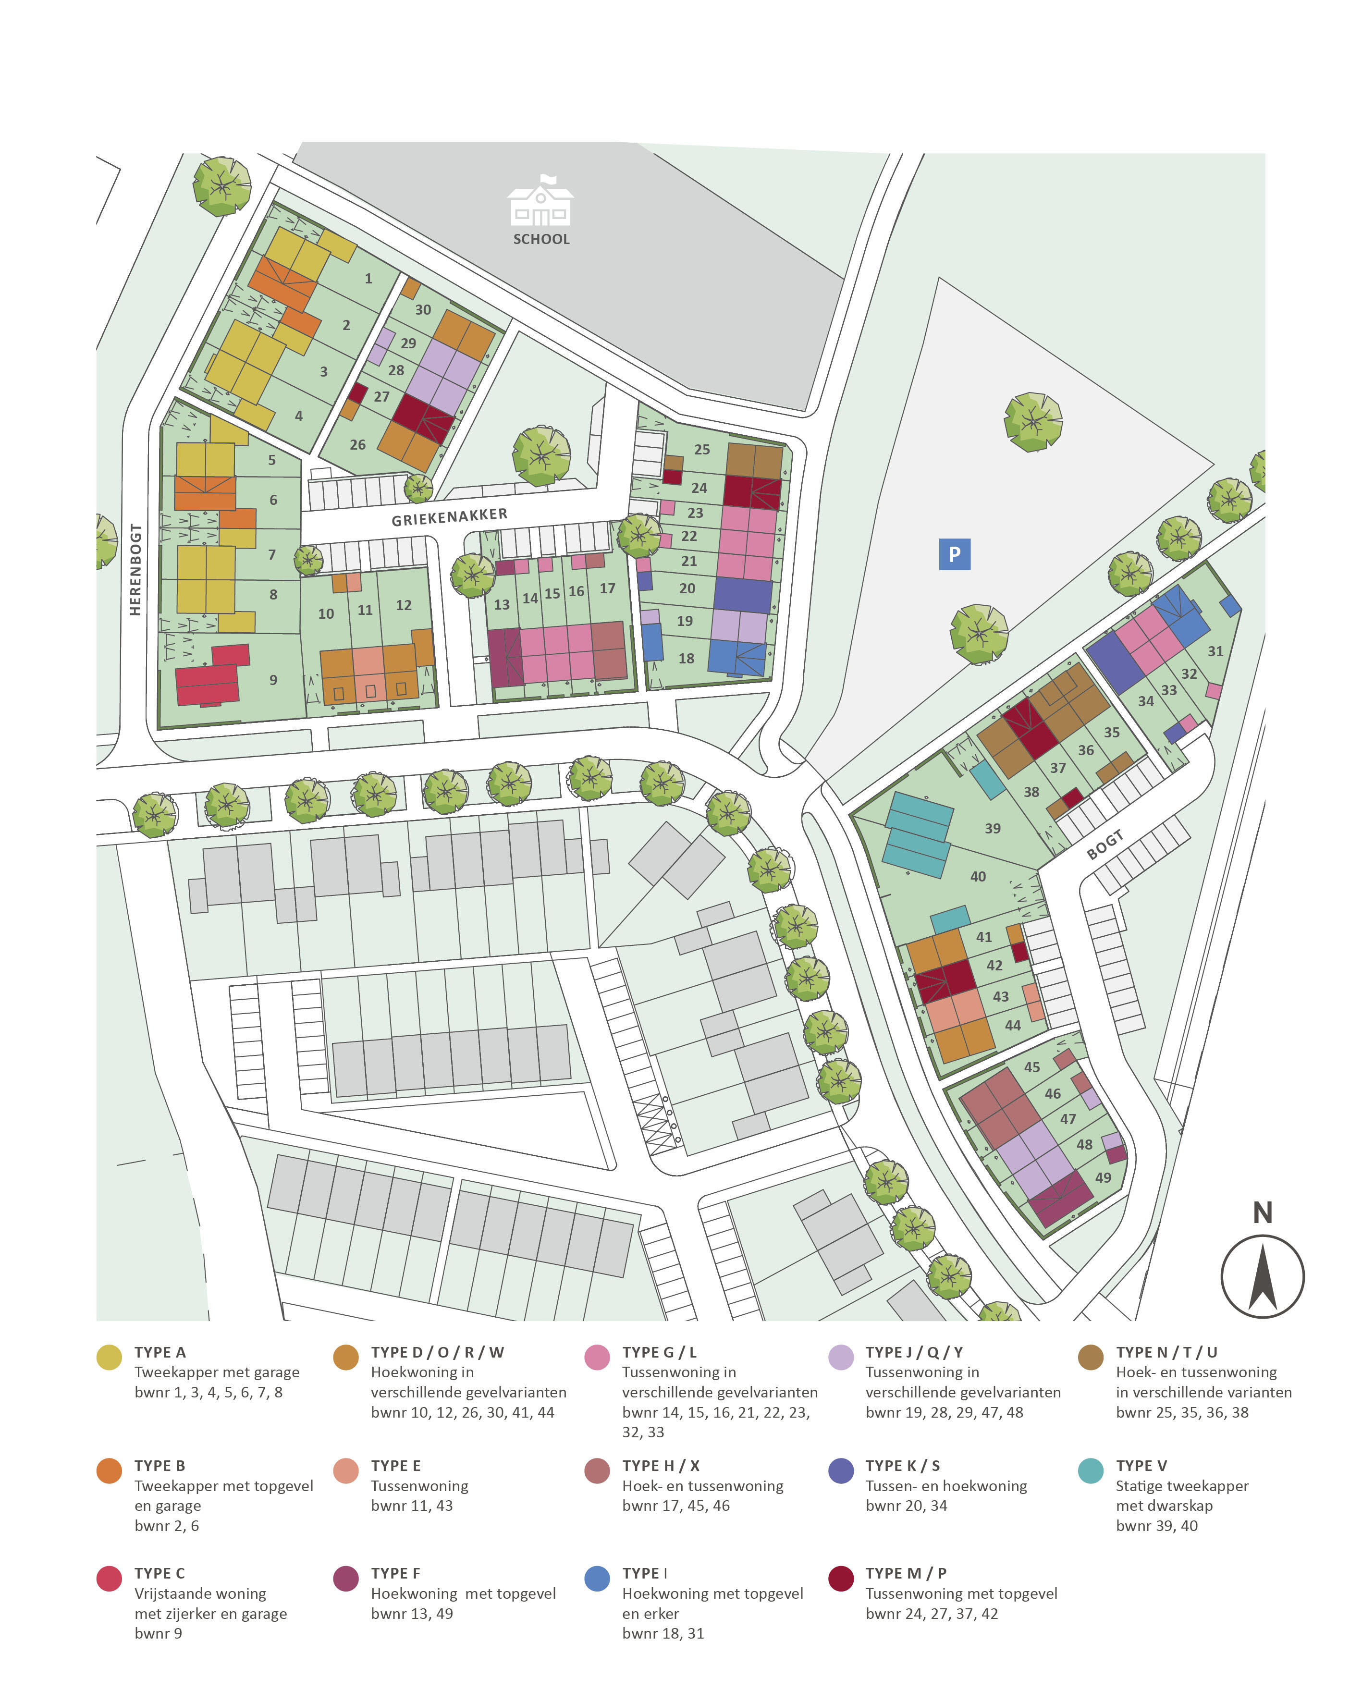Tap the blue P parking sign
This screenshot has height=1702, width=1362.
coord(954,554)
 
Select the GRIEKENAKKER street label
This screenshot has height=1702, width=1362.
coord(449,517)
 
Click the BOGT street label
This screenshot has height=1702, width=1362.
coord(1104,845)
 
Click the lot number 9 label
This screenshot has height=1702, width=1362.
coord(273,680)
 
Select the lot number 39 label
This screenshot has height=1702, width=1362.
coord(993,829)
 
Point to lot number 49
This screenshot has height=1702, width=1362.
coord(1103,1178)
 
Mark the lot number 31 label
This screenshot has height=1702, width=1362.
coord(1215,651)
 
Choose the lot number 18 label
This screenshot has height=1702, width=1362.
coord(686,659)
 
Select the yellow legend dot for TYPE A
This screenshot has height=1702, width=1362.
coord(109,1358)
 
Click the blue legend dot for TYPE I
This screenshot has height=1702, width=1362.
coord(597,1579)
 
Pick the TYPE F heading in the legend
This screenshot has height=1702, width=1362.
coord(395,1573)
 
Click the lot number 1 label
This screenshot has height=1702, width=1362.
coord(368,279)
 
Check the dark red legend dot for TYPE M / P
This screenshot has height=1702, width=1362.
coord(841,1579)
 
